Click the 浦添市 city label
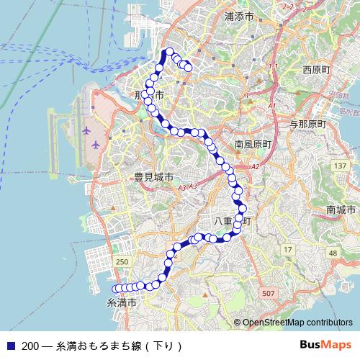coord(239,16)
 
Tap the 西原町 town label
coord(316,71)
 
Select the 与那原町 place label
coord(307,124)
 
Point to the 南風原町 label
coord(252,144)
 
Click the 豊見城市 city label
coord(153,177)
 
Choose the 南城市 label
coord(341,210)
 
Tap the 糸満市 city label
coord(122,303)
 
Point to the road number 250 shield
coord(122,262)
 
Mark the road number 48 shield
coord(332,253)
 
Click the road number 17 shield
coord(288,249)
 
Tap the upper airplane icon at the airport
coord(88,131)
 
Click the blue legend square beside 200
coord(10,346)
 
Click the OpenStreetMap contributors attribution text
coord(297,323)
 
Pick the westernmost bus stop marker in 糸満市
coord(114,289)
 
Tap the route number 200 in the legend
coord(30,346)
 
